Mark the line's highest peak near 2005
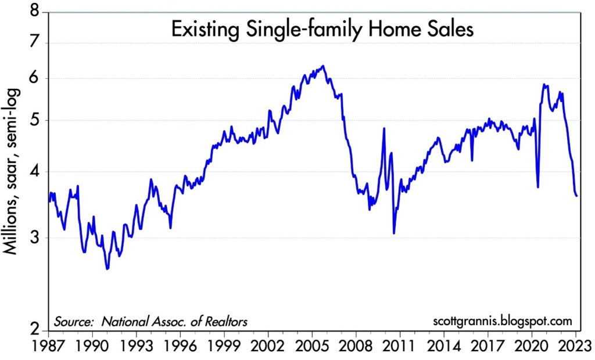point(323,66)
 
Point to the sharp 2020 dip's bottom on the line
point(538,187)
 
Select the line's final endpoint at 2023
point(576,196)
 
